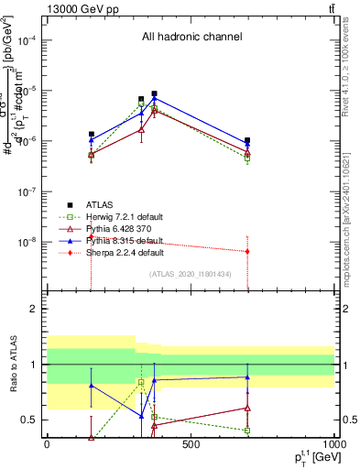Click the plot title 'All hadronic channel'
tap(191, 38)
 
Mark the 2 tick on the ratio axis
tap(36, 309)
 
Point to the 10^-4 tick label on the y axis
tap(26, 41)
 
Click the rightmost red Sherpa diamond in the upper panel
tap(247, 251)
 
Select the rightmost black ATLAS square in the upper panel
tap(247, 141)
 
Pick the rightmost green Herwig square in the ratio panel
tap(247, 430)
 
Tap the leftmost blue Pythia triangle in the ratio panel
tap(91, 386)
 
